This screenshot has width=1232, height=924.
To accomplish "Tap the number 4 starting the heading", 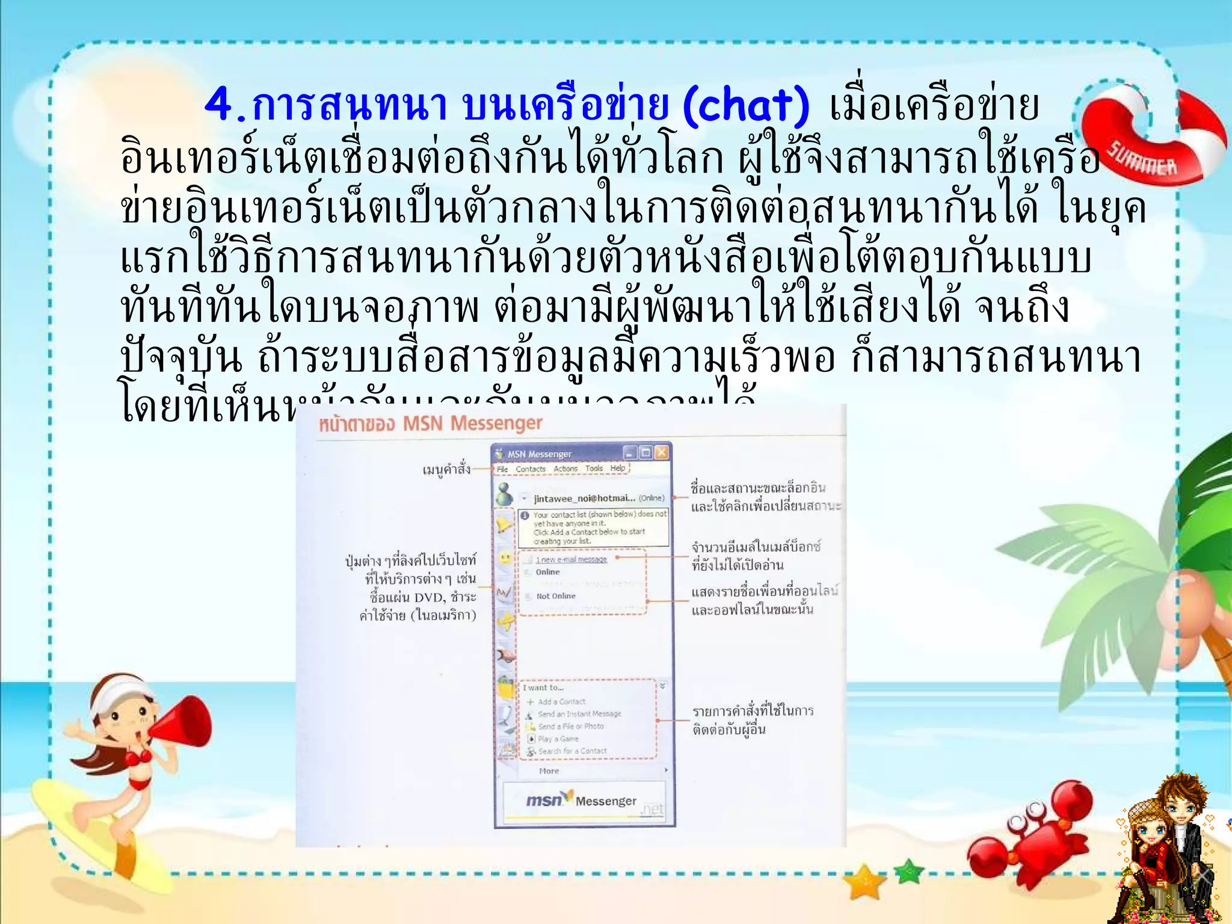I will (x=220, y=106).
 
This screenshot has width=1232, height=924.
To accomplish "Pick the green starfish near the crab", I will (x=909, y=870).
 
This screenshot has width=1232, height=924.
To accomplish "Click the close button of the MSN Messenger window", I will (x=661, y=452).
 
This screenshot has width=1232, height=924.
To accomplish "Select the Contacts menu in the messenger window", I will (x=530, y=469).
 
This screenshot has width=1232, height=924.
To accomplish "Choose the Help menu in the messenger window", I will (x=617, y=469).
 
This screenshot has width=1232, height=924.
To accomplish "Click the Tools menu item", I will (x=594, y=469).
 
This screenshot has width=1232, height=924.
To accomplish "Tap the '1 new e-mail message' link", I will (x=571, y=559).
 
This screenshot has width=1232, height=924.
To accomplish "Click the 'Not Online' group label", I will (x=556, y=596).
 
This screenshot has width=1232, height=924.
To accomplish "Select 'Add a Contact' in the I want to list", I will (x=561, y=701).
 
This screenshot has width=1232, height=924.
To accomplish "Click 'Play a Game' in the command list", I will (x=558, y=739).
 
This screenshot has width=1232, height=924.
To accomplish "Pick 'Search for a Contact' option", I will (x=572, y=751).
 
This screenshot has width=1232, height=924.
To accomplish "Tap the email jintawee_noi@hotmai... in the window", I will (x=584, y=498).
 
